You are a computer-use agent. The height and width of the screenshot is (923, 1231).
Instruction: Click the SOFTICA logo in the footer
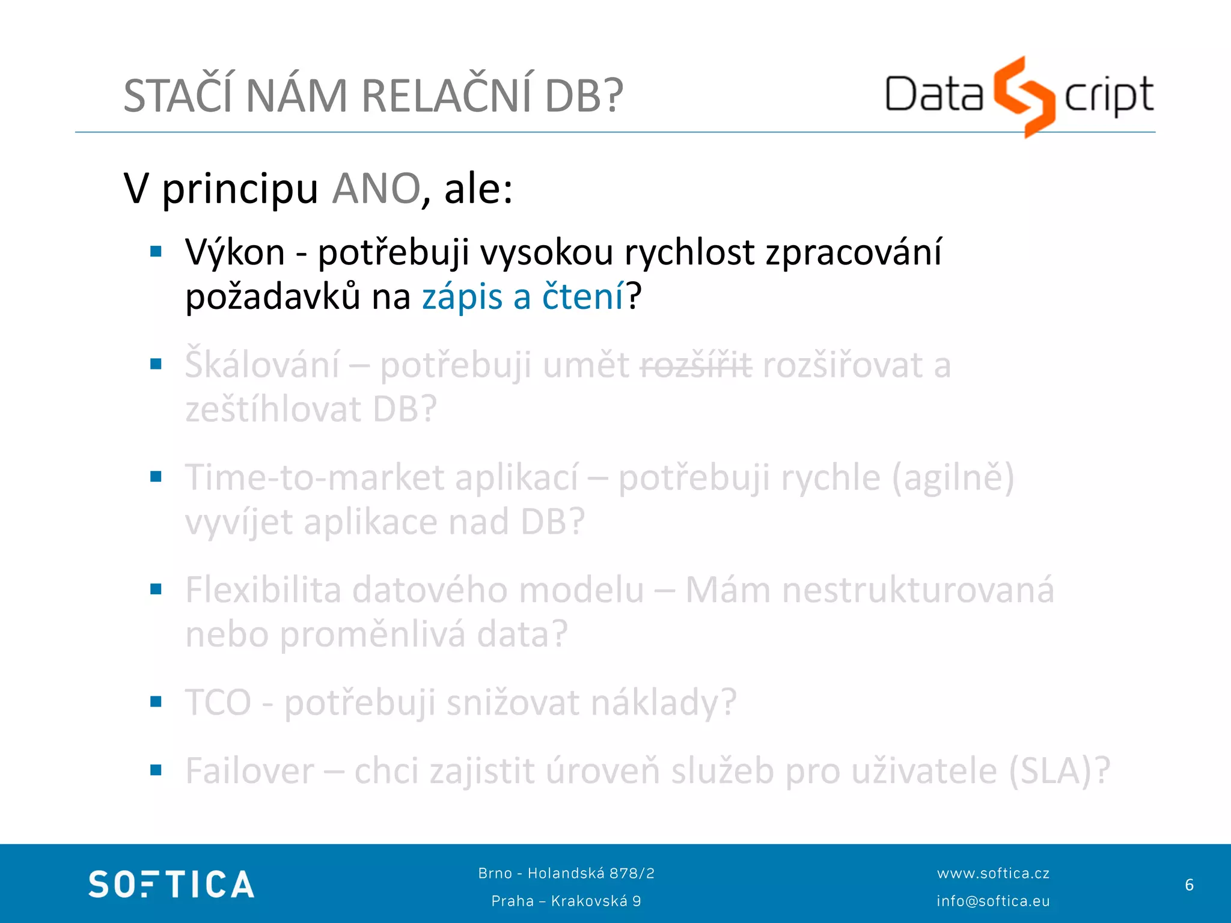[x=171, y=885]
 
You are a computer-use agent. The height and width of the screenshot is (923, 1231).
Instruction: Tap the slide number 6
[x=1189, y=885]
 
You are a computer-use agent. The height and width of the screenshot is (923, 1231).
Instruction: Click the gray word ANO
[x=376, y=189]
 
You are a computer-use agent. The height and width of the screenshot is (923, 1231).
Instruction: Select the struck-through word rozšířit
[x=696, y=365]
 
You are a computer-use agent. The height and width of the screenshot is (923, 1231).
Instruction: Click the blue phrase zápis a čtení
[x=523, y=297]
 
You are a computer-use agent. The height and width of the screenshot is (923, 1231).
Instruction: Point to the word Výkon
[x=235, y=252]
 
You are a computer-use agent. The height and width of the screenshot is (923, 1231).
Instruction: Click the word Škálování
[x=262, y=365]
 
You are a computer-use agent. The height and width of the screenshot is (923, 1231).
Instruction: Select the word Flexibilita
[x=263, y=590]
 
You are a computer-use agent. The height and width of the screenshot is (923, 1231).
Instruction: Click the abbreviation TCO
[x=218, y=702]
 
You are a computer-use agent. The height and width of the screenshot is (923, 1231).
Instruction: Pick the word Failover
[x=250, y=771]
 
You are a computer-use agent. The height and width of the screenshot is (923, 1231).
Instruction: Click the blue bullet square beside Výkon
[x=156, y=252]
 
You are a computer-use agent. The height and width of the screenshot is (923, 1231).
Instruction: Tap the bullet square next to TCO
[x=156, y=702]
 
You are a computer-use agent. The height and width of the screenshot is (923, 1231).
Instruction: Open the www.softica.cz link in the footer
[x=993, y=873]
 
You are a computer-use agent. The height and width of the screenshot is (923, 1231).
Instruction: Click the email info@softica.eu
[x=993, y=901]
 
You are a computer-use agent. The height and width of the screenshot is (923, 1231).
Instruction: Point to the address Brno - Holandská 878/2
[x=566, y=873]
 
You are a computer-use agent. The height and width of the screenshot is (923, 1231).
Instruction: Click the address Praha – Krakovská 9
[x=566, y=901]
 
